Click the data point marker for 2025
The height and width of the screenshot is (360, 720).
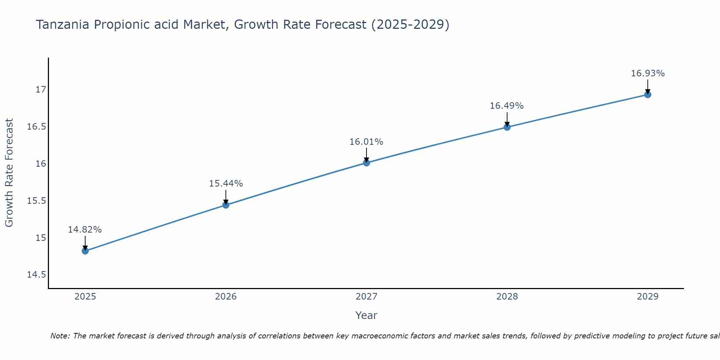click(85, 251)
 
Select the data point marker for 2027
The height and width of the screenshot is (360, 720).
click(366, 163)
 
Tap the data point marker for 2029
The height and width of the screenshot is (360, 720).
click(648, 95)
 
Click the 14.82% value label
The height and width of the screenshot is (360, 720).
click(85, 230)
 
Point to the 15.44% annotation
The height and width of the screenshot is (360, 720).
click(226, 184)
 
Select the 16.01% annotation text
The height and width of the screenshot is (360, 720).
click(366, 142)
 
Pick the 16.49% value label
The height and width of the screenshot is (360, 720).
click(507, 106)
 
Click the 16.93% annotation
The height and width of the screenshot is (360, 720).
click(648, 73)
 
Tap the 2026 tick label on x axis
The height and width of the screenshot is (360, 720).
click(226, 297)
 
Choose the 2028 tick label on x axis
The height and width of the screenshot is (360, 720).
click(507, 297)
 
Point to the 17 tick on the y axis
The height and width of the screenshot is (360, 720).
click(41, 89)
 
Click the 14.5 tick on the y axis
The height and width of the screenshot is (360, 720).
click(37, 275)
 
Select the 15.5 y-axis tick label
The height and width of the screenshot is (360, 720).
click(37, 201)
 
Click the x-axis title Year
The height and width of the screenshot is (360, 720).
click(366, 315)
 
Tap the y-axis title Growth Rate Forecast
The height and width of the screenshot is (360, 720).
click(9, 173)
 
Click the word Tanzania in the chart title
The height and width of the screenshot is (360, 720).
click(63, 25)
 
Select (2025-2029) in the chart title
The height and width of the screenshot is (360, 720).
click(410, 25)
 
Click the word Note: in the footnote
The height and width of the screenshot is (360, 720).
click(60, 336)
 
